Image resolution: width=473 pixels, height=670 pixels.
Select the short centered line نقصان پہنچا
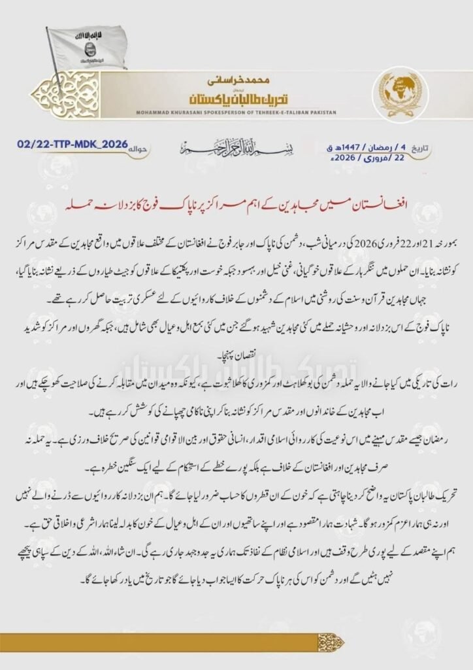tap(237, 358)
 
